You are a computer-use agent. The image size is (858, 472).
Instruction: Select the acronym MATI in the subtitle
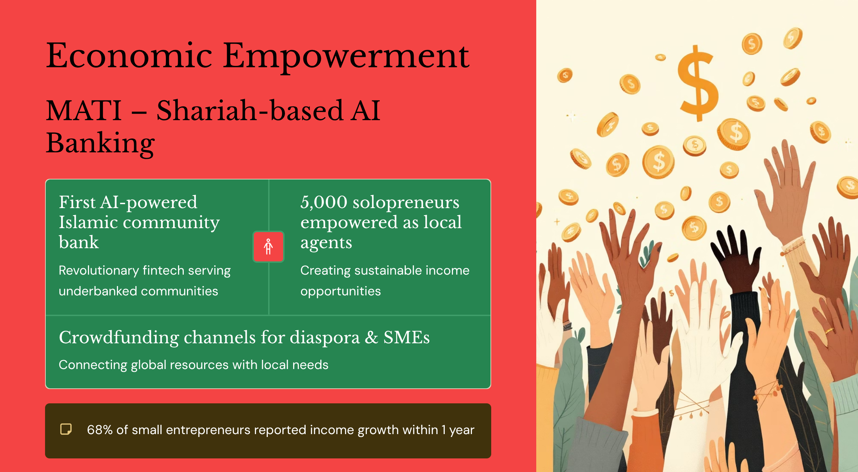click(x=84, y=110)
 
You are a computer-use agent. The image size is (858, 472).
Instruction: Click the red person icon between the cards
click(x=268, y=247)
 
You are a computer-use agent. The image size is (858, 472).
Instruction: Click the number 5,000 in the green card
click(x=324, y=202)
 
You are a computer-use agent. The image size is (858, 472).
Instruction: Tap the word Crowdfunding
click(x=119, y=338)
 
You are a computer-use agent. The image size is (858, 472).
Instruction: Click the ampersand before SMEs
click(x=371, y=338)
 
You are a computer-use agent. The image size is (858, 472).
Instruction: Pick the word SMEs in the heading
click(x=406, y=338)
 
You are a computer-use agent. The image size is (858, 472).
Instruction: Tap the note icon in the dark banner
click(x=66, y=429)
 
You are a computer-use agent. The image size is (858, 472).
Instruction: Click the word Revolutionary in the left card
click(x=99, y=271)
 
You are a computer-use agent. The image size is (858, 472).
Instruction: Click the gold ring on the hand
click(x=829, y=331)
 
